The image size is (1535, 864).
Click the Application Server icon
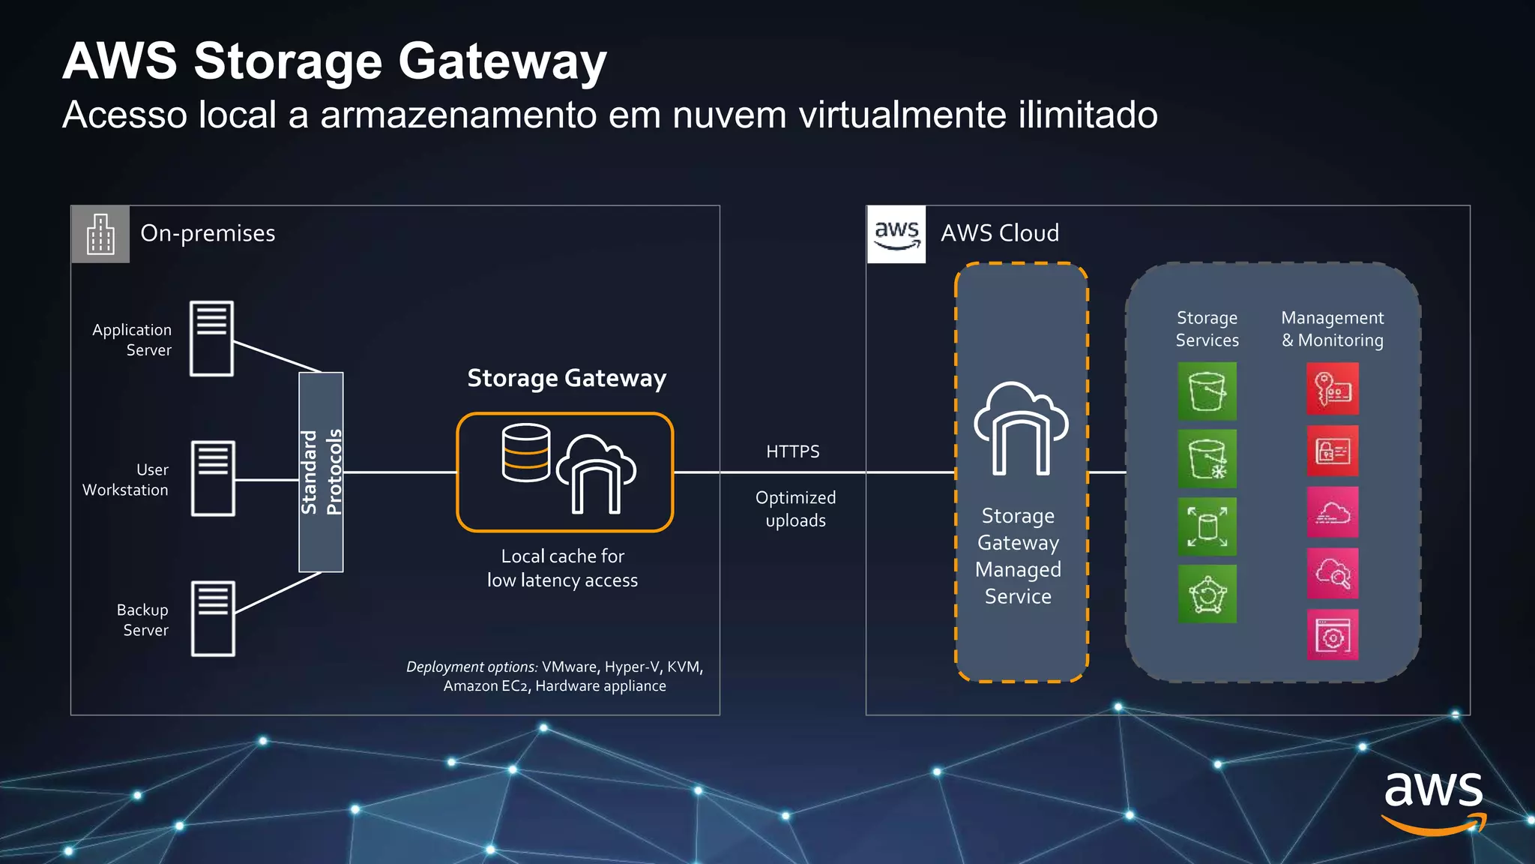(x=211, y=338)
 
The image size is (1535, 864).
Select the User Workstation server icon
(x=213, y=478)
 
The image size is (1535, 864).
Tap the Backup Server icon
(x=213, y=619)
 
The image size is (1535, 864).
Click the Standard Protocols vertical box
(x=321, y=472)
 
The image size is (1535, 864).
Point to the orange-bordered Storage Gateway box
(x=565, y=472)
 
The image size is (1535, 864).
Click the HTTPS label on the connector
(x=792, y=451)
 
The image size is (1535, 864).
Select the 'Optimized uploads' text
(x=795, y=508)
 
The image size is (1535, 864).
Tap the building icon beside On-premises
(x=100, y=234)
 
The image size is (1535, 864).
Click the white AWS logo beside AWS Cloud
(x=896, y=234)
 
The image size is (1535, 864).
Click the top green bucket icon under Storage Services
(x=1207, y=391)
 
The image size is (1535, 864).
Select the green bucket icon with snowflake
(x=1207, y=458)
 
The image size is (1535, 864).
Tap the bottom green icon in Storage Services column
(x=1207, y=594)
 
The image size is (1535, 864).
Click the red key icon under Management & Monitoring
(x=1332, y=388)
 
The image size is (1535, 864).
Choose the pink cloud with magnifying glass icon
(x=1332, y=574)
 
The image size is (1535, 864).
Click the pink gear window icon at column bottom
(x=1332, y=635)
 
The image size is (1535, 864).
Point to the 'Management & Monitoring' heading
(x=1332, y=328)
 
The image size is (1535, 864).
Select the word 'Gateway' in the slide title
(x=502, y=61)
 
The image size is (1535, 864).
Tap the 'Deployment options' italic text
(x=471, y=667)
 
